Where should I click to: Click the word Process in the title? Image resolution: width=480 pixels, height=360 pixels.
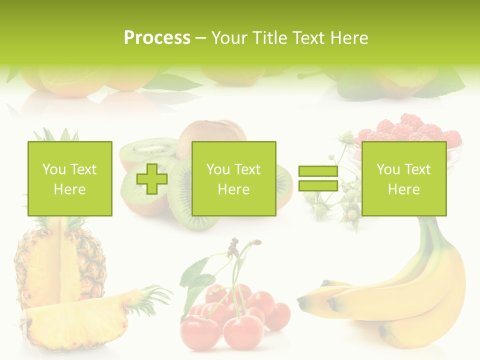click(157, 38)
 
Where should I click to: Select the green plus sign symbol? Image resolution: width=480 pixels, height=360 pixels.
click(152, 179)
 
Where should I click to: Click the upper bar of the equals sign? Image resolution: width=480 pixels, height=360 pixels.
click(318, 171)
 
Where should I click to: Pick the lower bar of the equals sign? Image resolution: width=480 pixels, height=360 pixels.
click(318, 186)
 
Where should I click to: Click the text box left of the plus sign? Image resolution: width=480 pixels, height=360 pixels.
click(70, 178)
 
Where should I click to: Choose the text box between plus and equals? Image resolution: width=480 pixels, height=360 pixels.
click(233, 178)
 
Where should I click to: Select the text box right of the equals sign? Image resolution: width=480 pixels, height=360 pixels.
click(403, 178)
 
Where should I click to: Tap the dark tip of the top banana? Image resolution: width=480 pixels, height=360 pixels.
click(302, 303)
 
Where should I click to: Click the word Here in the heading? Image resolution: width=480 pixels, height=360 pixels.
click(350, 38)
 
